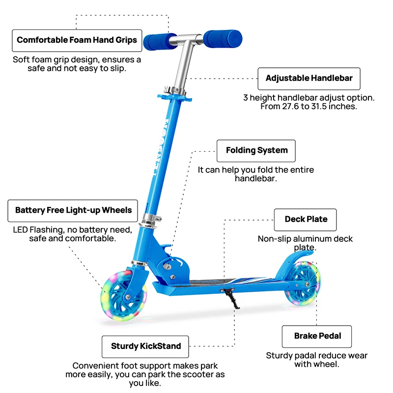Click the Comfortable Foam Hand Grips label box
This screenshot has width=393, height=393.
[x=77, y=40]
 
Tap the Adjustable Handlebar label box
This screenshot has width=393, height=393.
[x=309, y=78]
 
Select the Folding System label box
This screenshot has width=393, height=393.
[x=256, y=150]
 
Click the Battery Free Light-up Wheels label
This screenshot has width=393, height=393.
[x=73, y=210]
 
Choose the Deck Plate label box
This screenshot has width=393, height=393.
[x=306, y=220]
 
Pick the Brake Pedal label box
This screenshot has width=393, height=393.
[x=317, y=336]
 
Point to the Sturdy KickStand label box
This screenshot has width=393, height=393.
[x=146, y=346]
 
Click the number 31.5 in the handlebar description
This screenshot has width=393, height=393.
[x=325, y=107]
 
